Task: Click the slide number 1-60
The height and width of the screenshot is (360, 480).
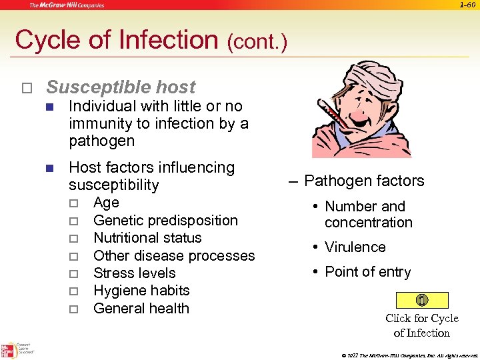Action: click(x=468, y=5)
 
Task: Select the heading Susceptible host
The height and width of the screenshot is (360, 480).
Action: click(x=121, y=87)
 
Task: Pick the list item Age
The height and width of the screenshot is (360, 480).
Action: click(x=106, y=203)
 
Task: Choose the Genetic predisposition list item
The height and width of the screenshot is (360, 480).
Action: click(x=165, y=221)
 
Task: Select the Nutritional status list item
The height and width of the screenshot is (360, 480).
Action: click(x=147, y=238)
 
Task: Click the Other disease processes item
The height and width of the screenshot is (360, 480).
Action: click(x=174, y=256)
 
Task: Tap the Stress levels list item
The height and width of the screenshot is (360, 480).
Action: click(x=135, y=273)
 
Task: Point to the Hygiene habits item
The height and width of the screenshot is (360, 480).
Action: click(x=141, y=291)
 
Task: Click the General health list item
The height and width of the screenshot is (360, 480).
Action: click(x=141, y=309)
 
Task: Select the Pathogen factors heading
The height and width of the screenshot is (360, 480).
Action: click(x=364, y=181)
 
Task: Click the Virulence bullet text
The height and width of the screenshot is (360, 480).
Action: click(x=355, y=247)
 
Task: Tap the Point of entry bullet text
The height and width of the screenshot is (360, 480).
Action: click(x=367, y=272)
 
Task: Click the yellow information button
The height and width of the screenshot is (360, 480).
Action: click(x=422, y=300)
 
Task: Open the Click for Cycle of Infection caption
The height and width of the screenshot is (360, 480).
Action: click(x=422, y=325)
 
